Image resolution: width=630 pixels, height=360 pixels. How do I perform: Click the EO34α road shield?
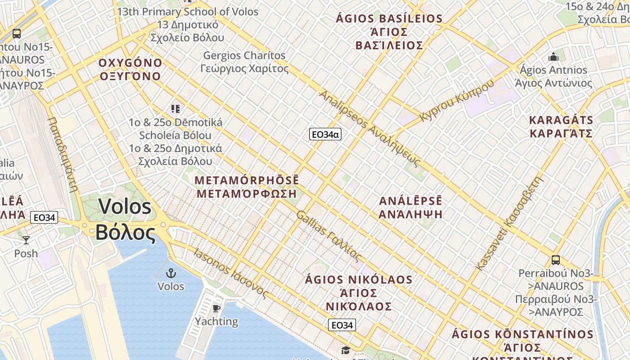325,134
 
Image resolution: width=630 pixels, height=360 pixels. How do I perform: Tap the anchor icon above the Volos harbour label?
171,273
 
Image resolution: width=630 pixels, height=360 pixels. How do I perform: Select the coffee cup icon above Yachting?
216,308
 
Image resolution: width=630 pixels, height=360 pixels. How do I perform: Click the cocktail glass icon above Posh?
26,240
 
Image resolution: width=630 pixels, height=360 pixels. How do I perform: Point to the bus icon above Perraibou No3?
556,260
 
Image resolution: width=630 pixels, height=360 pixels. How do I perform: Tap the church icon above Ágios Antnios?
553,57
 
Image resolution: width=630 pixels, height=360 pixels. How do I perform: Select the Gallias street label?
328,236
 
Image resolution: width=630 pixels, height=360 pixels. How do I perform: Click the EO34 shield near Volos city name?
44,218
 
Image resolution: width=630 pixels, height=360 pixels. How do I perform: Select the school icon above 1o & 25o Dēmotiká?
175,108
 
